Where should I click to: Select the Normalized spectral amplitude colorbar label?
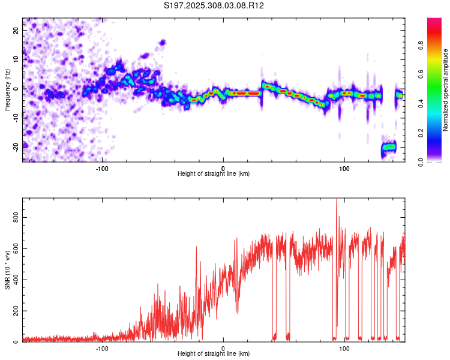point(446,91)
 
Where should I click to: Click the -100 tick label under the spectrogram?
point(102,169)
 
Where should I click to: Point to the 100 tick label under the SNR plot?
point(344,349)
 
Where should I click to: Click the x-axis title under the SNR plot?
point(214,354)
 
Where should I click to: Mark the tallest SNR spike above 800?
point(336,200)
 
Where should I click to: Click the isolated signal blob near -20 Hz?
point(389,146)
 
